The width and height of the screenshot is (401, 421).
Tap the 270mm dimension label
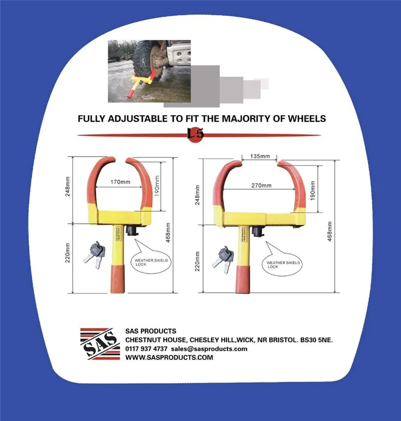pos(261,185)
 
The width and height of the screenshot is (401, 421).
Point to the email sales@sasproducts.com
pos(209,348)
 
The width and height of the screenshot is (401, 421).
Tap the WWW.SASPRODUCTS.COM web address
pos(169,357)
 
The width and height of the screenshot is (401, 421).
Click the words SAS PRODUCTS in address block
pos(150,331)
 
